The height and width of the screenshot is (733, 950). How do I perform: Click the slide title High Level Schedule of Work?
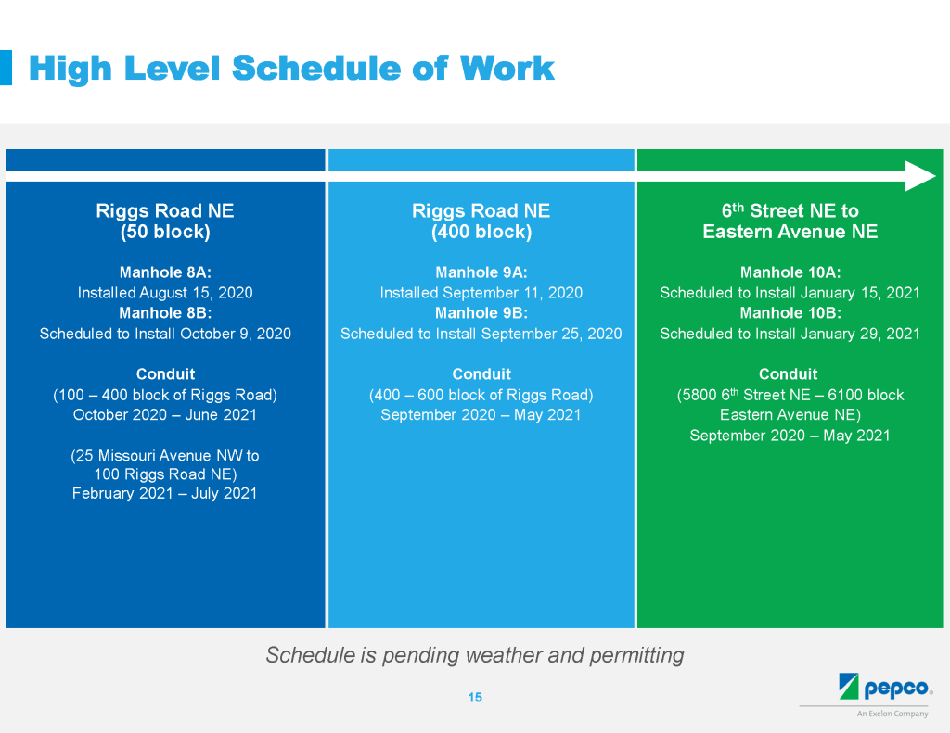tap(291, 68)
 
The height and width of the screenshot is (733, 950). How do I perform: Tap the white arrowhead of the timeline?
tap(920, 176)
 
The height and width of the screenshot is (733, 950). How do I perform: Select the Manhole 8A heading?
tap(165, 272)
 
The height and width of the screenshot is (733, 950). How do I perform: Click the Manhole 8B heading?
tap(165, 313)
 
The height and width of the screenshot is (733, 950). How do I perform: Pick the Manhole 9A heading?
tap(481, 272)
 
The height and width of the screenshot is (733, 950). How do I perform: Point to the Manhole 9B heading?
tap(481, 313)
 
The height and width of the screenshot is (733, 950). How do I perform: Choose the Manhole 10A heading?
tap(790, 272)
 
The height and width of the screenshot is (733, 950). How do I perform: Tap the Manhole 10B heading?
tap(790, 313)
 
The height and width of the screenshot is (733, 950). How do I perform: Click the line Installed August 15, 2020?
tap(165, 293)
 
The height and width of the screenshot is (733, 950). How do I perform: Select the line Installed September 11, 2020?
tap(481, 293)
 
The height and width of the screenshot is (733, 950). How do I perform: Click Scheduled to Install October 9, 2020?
tap(165, 334)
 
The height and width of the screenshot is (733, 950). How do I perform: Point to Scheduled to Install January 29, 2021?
tap(790, 334)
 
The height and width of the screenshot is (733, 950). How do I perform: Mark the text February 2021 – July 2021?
tap(165, 493)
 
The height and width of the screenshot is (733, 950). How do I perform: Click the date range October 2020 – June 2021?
tap(165, 414)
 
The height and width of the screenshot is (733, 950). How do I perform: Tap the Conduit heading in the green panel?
tap(789, 374)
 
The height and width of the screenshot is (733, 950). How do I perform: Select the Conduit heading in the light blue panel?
tap(481, 374)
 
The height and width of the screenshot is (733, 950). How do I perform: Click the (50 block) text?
tap(165, 232)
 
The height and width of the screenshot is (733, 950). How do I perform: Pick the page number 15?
tap(475, 697)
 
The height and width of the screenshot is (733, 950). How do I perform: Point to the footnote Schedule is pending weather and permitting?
tap(475, 655)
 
